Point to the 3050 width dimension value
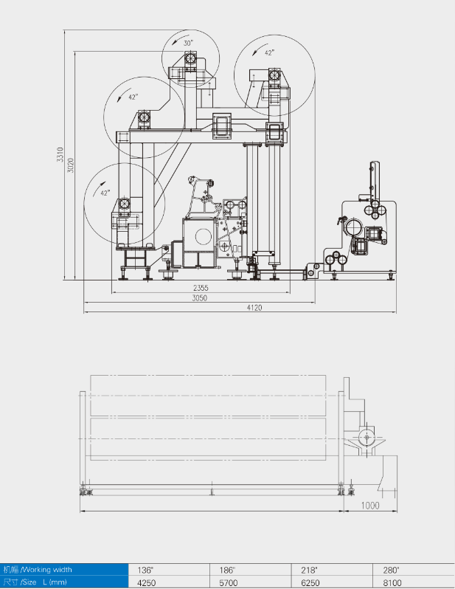point(200,298)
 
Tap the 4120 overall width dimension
point(254,308)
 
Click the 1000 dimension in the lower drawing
point(370,506)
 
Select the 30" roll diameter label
point(188,44)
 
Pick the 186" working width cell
point(226,570)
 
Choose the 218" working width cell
point(309,570)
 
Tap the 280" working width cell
point(391,570)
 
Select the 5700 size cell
point(226,582)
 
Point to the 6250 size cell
point(309,582)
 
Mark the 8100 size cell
point(391,582)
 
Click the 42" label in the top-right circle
point(269,53)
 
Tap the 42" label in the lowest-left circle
point(105,193)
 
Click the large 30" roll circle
point(191,58)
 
